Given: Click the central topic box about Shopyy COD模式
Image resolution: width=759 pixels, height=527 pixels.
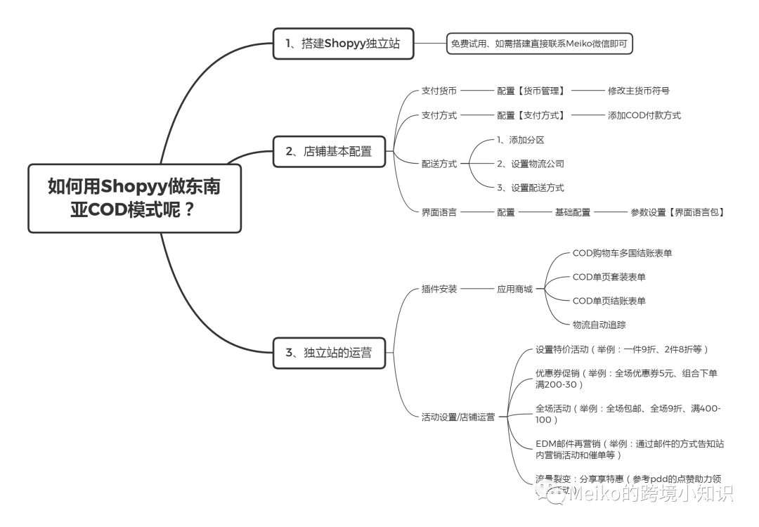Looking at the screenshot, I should (x=134, y=197).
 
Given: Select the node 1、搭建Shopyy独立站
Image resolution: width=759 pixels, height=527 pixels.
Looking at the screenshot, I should (x=343, y=44).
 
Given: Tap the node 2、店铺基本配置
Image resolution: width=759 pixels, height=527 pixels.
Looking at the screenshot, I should (x=329, y=150).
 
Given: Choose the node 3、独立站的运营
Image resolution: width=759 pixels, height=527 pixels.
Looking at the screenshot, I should (x=329, y=352).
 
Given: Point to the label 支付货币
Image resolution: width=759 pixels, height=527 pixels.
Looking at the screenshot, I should (x=439, y=91).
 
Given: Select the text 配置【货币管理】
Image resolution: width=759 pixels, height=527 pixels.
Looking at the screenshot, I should (x=531, y=91).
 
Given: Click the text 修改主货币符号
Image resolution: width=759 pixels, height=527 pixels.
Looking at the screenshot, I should (x=638, y=91).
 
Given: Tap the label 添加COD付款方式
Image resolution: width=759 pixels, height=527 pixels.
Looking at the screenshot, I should (x=644, y=115).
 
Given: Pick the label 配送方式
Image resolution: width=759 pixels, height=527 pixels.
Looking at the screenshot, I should (x=439, y=164).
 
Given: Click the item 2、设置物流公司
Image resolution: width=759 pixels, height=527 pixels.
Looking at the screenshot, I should (x=530, y=164).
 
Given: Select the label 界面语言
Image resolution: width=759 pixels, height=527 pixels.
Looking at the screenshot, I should (x=439, y=212).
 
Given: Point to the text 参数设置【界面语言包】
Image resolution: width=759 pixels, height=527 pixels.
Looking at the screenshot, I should (x=677, y=212).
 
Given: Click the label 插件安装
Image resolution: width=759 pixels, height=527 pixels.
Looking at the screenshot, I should (x=439, y=288).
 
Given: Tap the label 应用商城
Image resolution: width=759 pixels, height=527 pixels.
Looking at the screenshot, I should (x=514, y=288).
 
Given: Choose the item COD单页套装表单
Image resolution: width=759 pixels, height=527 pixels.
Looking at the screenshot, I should (x=609, y=277).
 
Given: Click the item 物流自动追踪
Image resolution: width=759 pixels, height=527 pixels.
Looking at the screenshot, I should (x=599, y=325).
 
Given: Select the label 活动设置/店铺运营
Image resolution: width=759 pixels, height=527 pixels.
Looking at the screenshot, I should (x=458, y=417).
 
